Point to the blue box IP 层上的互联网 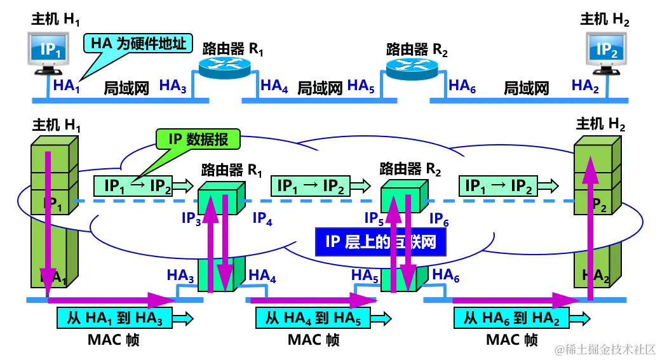pos(381,241)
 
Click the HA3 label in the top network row pos(173,86)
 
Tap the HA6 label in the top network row pos(462,86)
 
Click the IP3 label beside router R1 pos(191,219)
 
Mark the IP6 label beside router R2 pos(439,219)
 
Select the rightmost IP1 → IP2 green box pos(499,186)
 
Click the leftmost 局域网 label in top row pos(126,88)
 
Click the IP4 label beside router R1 pos(262,219)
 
